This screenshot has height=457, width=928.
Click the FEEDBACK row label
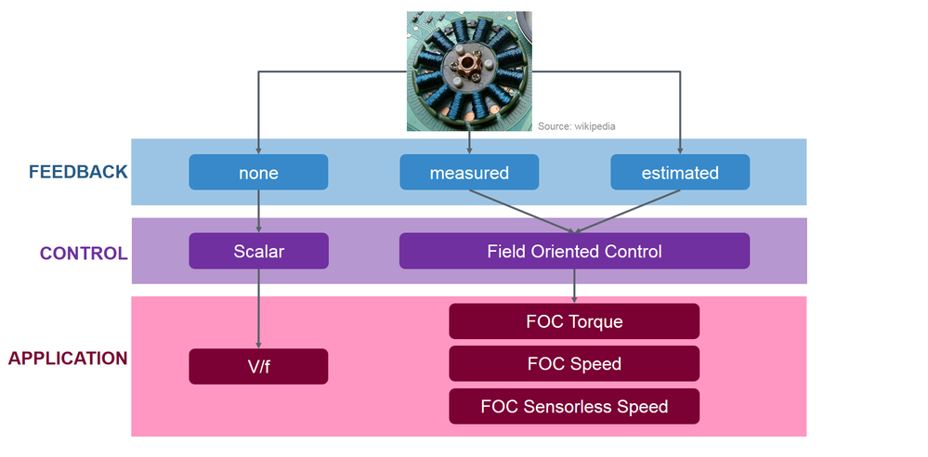[78, 173]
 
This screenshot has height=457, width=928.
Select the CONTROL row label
[84, 253]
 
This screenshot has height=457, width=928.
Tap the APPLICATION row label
[68, 359]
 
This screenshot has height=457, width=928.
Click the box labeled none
[258, 173]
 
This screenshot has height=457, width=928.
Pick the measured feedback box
[469, 173]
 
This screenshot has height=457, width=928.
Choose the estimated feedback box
[680, 173]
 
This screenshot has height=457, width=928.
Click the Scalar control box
[258, 251]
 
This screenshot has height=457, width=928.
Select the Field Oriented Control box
[574, 251]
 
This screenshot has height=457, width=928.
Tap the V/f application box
[258, 366]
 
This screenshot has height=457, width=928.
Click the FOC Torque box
[574, 321]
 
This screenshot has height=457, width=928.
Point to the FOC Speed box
[574, 363]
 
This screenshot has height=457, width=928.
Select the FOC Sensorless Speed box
[574, 406]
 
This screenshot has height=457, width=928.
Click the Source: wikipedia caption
[576, 125]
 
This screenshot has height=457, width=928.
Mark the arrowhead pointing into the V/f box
[258, 344]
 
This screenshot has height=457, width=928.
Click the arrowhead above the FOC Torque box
[574, 298]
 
